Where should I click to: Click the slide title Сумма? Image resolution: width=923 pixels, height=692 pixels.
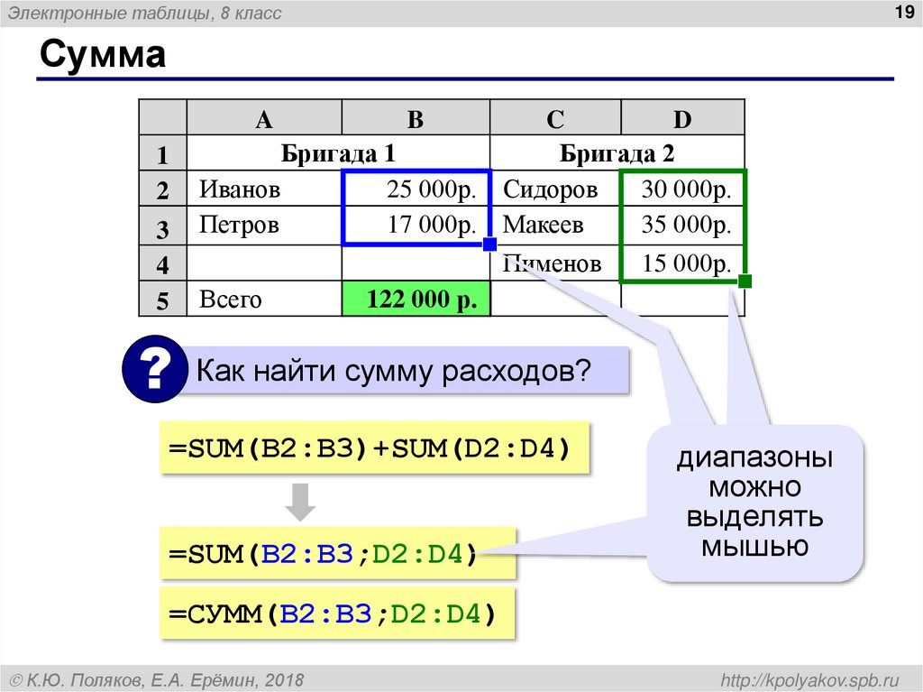102,56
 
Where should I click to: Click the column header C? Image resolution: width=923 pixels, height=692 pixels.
554,118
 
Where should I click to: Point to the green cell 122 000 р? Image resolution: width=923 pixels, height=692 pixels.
416,299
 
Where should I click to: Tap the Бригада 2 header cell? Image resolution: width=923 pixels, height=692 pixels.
617,153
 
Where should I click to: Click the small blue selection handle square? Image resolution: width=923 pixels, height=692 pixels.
489,245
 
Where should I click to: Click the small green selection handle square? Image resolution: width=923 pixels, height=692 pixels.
745,281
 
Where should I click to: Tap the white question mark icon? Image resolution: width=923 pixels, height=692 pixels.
154,367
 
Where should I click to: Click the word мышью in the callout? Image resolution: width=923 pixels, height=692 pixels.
755,547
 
